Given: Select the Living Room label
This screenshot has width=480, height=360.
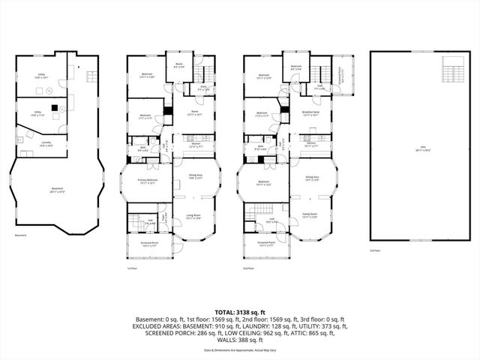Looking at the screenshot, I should point(193,216).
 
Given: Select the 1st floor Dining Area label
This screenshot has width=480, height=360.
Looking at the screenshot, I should point(196,177).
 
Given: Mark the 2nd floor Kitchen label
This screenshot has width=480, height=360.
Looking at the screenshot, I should point(311,145).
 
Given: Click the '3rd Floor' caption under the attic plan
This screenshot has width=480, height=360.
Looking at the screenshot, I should point(376,250).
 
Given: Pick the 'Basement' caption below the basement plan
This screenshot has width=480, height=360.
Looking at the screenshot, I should point(20,235).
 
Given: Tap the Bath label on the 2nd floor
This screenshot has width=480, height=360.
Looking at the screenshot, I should point(260,148).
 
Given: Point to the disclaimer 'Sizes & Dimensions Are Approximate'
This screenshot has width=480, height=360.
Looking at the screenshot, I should point(240,350).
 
